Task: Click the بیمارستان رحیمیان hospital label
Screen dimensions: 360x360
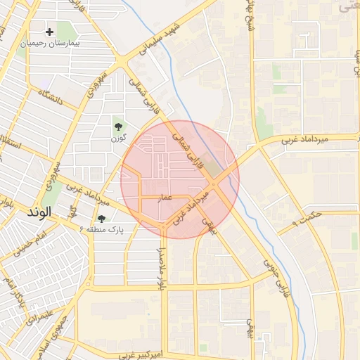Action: tap(51, 43)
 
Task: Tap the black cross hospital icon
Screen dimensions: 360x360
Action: tap(49, 32)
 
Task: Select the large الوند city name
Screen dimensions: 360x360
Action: tap(39, 212)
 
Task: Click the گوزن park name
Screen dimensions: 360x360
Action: tap(117, 138)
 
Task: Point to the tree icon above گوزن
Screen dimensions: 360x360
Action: tap(117, 127)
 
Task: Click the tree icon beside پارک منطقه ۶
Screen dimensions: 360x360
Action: tap(101, 219)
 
